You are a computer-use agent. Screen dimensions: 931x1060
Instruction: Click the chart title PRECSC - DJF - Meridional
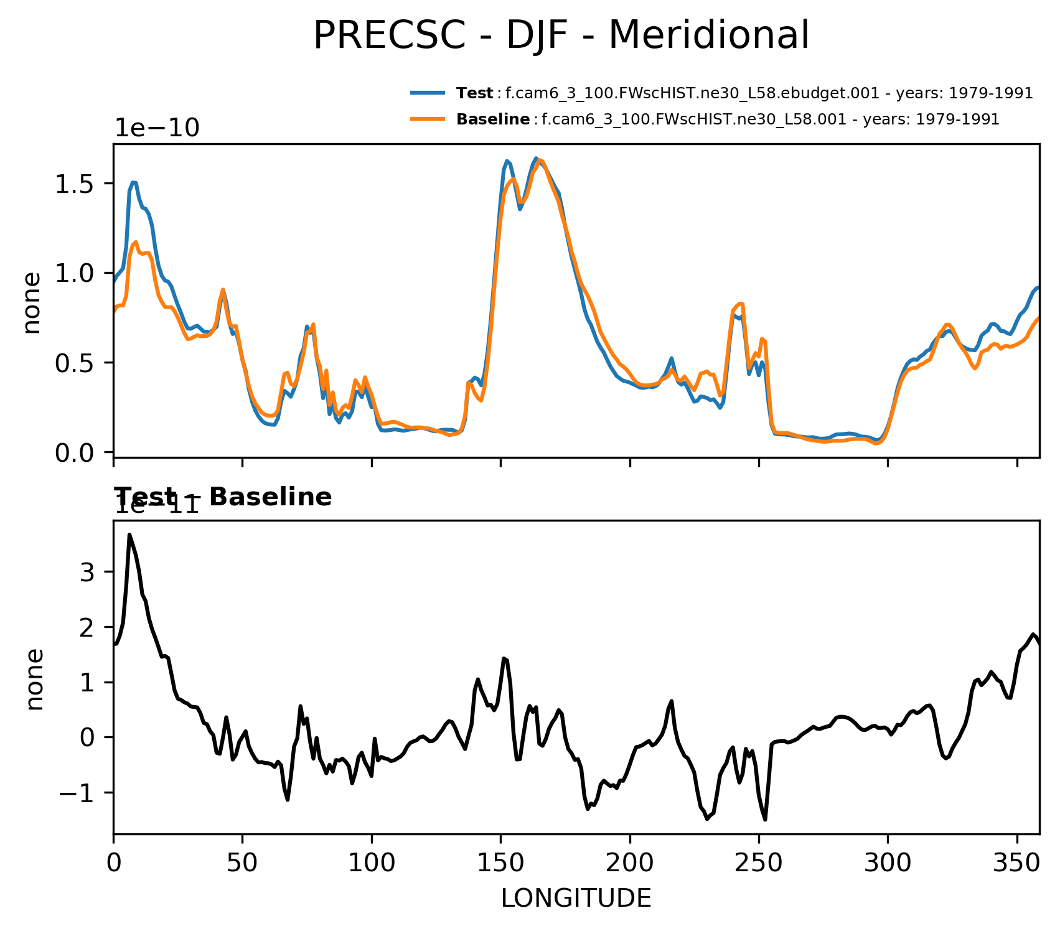(561, 35)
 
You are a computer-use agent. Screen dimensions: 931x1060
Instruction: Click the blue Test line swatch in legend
(428, 93)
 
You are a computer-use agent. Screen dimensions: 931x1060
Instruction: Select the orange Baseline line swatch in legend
(428, 119)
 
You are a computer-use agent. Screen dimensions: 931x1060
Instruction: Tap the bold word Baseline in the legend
(493, 119)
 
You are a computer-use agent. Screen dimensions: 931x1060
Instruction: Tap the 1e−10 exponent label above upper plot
(157, 128)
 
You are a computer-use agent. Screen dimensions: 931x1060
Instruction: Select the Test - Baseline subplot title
(223, 497)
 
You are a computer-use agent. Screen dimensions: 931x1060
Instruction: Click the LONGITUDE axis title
(576, 899)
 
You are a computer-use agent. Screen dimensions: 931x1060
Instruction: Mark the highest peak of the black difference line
(129, 535)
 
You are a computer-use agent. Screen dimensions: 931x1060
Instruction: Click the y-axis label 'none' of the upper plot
(31, 303)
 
